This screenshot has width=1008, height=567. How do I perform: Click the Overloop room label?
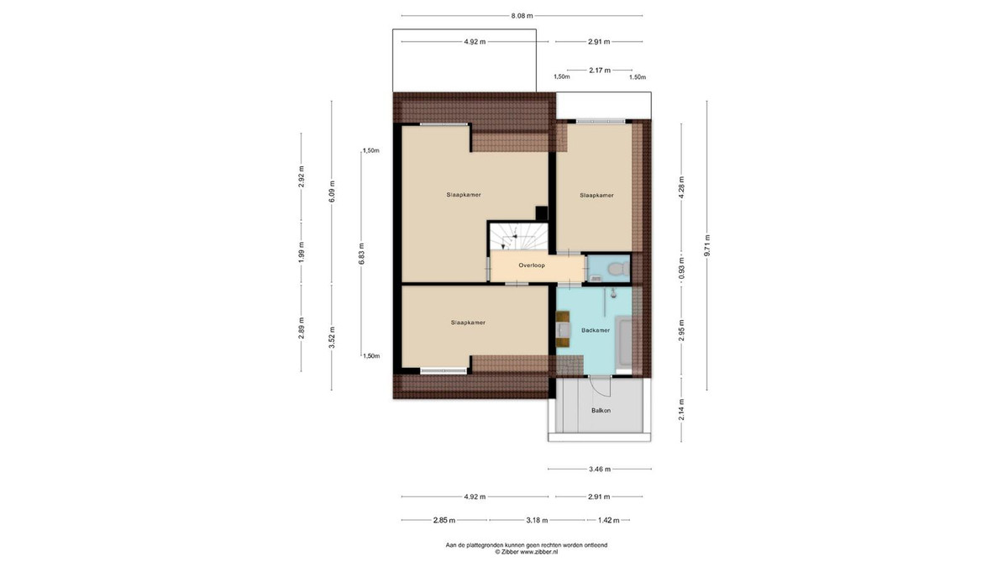532,265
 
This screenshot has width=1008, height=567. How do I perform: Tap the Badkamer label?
596,330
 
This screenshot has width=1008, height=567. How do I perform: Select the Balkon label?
601,411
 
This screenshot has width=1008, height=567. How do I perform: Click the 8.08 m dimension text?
522,16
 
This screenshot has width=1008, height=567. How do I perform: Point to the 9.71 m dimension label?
707,245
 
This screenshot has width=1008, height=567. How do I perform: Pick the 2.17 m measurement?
600,71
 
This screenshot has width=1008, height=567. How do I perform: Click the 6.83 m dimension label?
362,254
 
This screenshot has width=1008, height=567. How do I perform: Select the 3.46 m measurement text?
600,469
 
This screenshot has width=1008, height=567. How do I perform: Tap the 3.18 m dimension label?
537,520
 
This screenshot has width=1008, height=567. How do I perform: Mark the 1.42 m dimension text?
608,520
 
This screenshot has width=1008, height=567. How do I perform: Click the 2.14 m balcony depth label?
681,410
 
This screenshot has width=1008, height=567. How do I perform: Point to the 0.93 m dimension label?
681,268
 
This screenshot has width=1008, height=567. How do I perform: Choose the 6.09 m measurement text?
332,192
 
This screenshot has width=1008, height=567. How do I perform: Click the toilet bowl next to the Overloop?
619,269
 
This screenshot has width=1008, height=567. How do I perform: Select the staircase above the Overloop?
519,237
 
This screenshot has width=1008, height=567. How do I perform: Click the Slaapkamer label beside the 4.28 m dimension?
596,195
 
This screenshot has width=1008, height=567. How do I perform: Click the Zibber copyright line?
527,551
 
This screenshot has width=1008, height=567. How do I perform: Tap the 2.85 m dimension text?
444,520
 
